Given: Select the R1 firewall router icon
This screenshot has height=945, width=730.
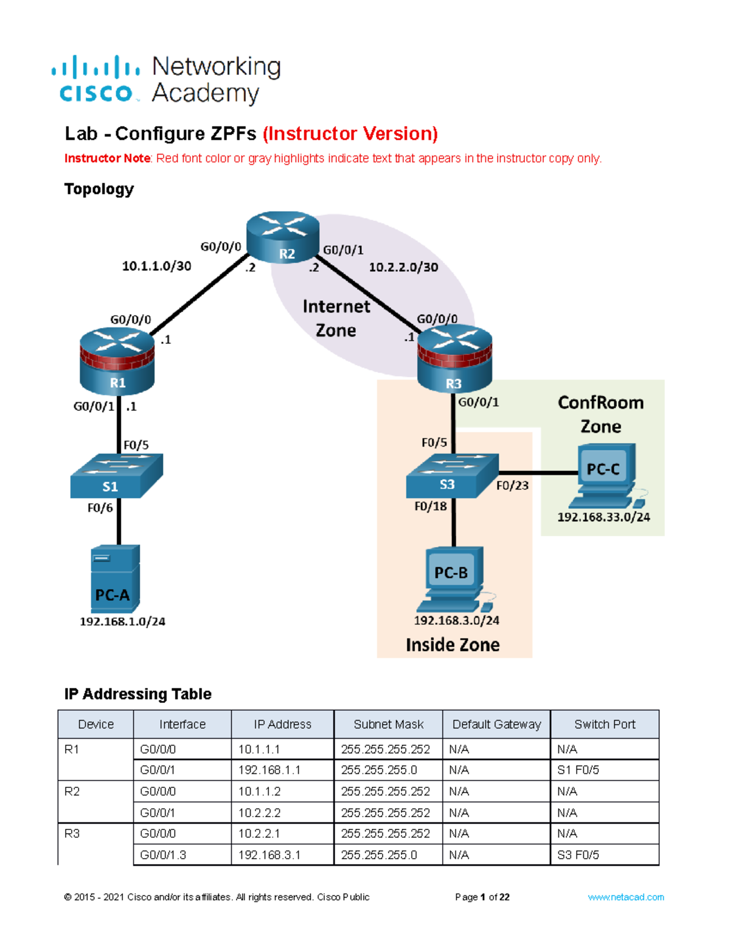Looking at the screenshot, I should click(117, 362).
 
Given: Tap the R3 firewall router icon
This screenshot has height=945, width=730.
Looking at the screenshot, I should click(454, 360).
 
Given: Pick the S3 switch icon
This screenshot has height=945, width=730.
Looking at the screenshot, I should click(452, 476).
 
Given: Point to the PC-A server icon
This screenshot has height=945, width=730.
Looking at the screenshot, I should click(115, 578).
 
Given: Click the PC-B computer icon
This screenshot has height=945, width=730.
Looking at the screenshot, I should click(454, 579).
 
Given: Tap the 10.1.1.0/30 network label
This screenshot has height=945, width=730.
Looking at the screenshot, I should click(156, 266).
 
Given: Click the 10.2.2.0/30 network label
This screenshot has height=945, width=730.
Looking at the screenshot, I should click(403, 267).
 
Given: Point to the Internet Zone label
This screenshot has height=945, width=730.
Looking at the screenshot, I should click(336, 318).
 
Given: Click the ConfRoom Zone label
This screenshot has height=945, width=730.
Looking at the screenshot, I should click(600, 414).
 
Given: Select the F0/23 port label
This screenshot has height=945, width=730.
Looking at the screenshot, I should click(512, 486).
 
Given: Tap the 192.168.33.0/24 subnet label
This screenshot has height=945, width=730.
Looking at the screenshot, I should click(603, 517).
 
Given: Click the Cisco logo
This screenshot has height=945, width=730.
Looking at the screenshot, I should click(96, 79).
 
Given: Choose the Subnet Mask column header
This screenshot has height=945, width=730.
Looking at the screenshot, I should click(388, 724).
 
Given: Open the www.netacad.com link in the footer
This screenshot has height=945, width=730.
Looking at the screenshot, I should click(625, 897).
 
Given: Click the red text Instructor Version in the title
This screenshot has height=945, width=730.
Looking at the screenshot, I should click(350, 133).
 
